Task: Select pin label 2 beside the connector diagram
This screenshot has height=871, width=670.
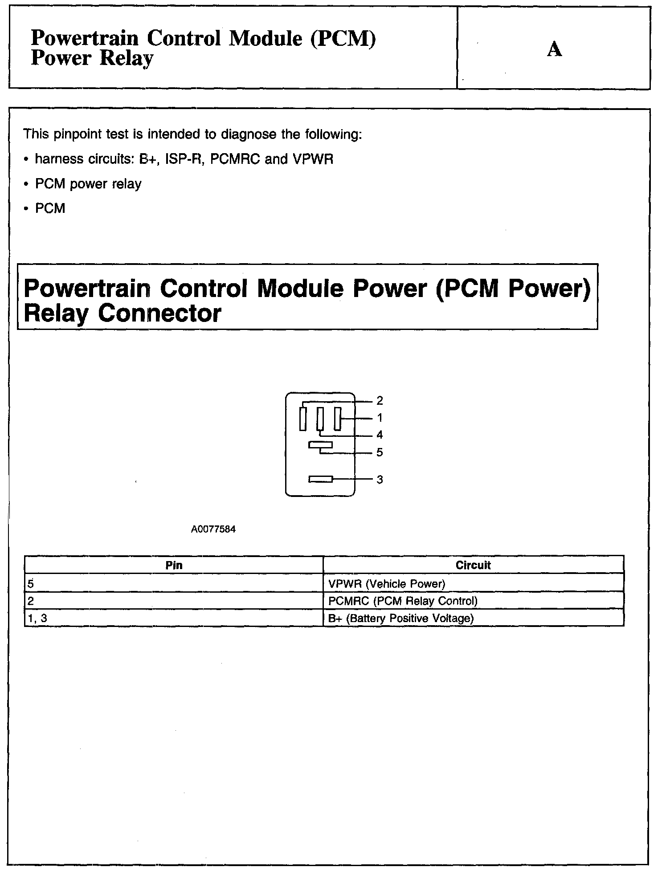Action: coord(380,401)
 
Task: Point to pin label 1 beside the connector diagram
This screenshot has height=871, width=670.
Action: coord(380,418)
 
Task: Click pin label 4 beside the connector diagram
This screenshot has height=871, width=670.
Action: coord(380,435)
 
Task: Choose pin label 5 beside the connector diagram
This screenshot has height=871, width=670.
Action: coord(380,452)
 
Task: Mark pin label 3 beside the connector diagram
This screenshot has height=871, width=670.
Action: coord(380,480)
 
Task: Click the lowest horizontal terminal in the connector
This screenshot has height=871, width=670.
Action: coord(321,479)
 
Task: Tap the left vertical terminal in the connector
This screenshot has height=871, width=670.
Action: coord(303,419)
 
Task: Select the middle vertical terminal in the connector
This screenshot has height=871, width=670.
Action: coord(320,419)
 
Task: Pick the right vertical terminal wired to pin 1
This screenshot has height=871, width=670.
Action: coord(337,419)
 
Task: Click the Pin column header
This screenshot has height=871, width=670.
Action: coord(174,565)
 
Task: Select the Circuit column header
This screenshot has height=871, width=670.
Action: coord(473,565)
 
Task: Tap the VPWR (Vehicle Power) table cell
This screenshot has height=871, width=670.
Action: coord(387,583)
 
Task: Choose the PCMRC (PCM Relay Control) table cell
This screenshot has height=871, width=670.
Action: coord(403,601)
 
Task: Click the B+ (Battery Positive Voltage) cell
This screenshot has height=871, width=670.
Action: coord(401,618)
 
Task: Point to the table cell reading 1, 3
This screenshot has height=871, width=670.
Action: coord(37,618)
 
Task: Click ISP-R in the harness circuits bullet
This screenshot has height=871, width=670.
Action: coord(184,159)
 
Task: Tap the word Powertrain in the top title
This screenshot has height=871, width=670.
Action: coord(85,38)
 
